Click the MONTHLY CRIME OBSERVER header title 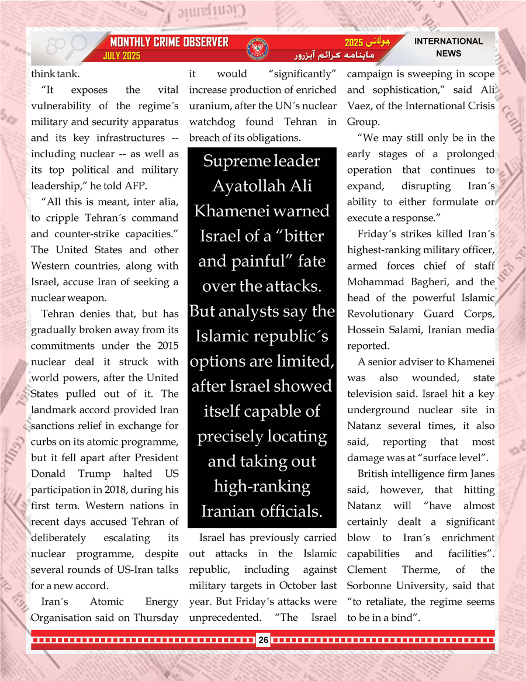point(169,43)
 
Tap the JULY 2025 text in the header point(122,57)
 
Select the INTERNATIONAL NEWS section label point(448,47)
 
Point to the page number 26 point(263,641)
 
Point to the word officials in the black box point(292,511)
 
